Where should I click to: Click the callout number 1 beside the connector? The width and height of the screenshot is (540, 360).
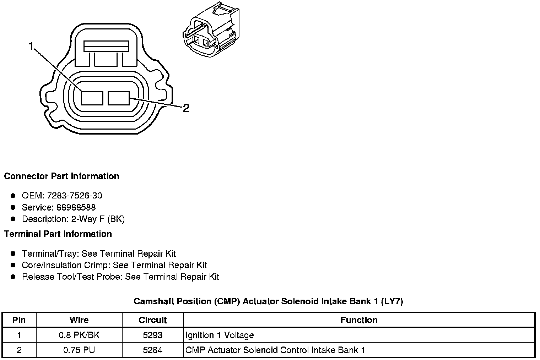(x=32, y=46)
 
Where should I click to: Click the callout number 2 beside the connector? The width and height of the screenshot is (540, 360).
(x=186, y=108)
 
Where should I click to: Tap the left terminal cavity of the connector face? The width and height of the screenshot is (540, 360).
(x=92, y=98)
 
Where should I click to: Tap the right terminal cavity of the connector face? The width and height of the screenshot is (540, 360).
(x=119, y=98)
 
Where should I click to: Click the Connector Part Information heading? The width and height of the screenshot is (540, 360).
(x=61, y=176)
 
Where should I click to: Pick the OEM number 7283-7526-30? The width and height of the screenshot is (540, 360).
(x=75, y=196)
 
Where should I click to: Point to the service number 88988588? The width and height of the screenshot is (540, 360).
(x=76, y=207)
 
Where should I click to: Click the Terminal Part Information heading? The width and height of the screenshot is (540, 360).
(x=58, y=234)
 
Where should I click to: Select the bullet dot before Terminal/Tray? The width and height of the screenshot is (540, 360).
(x=13, y=253)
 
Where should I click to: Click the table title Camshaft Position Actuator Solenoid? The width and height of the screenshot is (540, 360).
(x=268, y=301)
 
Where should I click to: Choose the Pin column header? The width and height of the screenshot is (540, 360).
(x=19, y=320)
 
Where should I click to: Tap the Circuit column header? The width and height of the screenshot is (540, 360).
(x=153, y=320)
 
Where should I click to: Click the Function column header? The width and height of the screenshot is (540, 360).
(x=359, y=320)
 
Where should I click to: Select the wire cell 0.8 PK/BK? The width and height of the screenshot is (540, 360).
(x=79, y=335)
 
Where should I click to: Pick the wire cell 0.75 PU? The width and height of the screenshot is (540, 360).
(x=79, y=350)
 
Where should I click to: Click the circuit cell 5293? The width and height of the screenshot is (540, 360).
(x=153, y=335)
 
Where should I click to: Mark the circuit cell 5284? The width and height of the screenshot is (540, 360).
(x=153, y=350)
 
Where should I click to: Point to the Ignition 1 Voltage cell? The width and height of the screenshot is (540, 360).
(x=220, y=335)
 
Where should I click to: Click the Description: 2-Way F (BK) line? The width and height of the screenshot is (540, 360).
(x=73, y=219)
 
